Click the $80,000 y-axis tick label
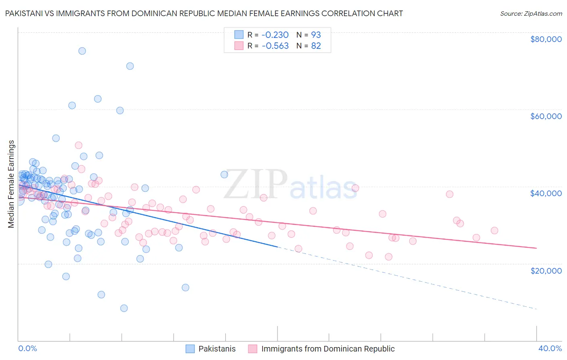546,39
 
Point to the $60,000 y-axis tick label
546,116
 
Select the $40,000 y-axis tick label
546,193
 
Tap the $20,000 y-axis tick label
546,270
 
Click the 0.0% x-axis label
27,348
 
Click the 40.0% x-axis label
550,348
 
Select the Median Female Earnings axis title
11,184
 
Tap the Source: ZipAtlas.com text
531,13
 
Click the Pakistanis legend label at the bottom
217,349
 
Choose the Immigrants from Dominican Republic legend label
328,349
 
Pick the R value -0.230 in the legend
275,35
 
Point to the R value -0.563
275,46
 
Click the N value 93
316,35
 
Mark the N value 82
316,46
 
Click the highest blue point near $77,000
82,51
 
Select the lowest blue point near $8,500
124,308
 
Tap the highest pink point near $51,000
79,145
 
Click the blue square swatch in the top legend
239,35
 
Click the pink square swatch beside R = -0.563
239,46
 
